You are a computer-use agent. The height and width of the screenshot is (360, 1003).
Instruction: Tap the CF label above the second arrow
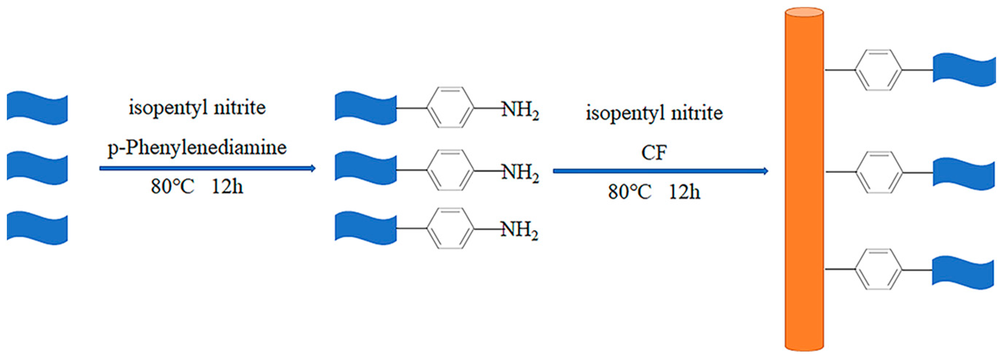tap(654, 152)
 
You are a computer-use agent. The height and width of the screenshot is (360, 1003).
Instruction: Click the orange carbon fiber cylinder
tap(804, 179)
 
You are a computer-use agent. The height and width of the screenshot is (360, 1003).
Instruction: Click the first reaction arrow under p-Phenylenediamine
tap(207, 169)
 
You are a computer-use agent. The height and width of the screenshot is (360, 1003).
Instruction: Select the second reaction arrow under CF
tap(660, 171)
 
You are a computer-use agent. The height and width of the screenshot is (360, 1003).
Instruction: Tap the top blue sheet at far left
tap(37, 108)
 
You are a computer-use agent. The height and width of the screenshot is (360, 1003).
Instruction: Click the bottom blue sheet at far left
tap(37, 228)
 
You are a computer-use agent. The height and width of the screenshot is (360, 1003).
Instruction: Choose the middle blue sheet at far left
tap(37, 168)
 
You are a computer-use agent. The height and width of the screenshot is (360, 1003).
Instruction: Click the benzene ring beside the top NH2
tap(450, 107)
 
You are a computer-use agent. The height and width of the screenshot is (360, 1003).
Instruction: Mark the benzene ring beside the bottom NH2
tap(450, 228)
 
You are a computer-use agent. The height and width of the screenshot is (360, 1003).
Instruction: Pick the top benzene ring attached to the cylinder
tap(878, 70)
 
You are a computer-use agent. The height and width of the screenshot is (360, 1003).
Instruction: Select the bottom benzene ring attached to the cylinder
tap(878, 269)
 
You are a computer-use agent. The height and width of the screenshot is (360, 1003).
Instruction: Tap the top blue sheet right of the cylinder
tap(964, 70)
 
